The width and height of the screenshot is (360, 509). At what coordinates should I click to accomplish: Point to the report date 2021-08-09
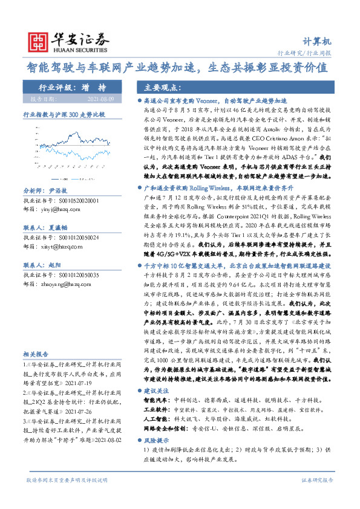click(99, 98)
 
